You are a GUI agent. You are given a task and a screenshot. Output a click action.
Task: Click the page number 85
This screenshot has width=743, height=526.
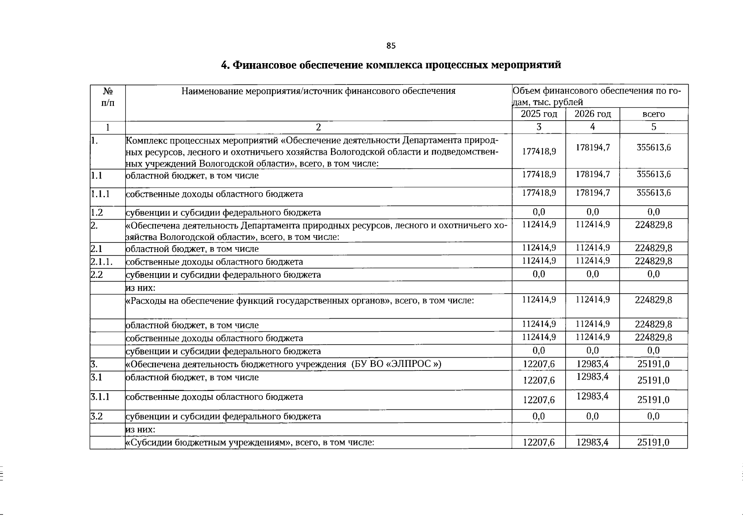pyautogui.click(x=391, y=46)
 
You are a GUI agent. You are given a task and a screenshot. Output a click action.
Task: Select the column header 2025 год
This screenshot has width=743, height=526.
pyautogui.click(x=539, y=114)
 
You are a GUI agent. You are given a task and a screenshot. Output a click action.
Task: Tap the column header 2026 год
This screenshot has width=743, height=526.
pyautogui.click(x=592, y=114)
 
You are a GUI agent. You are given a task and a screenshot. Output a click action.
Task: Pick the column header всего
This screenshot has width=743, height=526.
pyautogui.click(x=653, y=114)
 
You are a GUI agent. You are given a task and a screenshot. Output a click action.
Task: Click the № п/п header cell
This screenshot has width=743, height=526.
pyautogui.click(x=108, y=97)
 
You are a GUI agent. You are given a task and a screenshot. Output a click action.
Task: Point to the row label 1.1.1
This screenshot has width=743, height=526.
pyautogui.click(x=100, y=193)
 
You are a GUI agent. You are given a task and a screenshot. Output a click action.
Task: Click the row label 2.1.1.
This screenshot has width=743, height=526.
pyautogui.click(x=102, y=262)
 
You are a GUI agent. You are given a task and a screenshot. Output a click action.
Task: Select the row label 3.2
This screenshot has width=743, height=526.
pyautogui.click(x=97, y=416)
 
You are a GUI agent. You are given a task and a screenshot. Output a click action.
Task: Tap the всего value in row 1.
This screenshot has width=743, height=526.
pyautogui.click(x=653, y=147)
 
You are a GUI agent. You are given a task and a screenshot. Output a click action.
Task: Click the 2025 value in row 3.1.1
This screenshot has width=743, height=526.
pyautogui.click(x=539, y=400)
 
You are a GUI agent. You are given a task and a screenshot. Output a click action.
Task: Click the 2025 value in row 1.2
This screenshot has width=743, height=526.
pyautogui.click(x=539, y=212)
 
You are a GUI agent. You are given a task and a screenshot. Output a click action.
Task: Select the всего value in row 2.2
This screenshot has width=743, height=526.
pyautogui.click(x=653, y=274)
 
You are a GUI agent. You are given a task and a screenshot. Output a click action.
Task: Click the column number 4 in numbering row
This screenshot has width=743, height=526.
pyautogui.click(x=592, y=127)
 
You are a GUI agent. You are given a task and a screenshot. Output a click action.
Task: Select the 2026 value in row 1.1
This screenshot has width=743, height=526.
pyautogui.click(x=592, y=174)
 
